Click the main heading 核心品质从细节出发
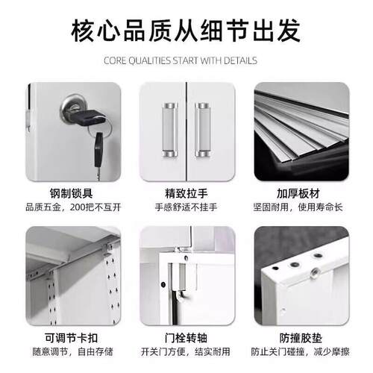click(186, 31)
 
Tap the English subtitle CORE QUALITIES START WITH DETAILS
click(186, 60)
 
